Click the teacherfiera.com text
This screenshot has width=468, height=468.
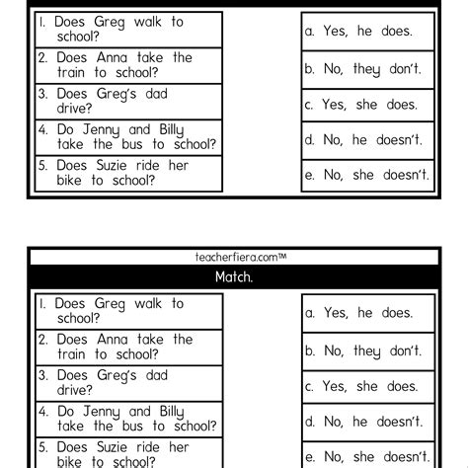pos(235,257)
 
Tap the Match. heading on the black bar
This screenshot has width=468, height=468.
pos(234,277)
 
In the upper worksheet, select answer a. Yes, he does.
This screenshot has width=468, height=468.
pos(368,31)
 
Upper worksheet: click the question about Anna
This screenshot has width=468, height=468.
pos(127,65)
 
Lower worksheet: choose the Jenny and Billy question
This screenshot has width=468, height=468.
pos(127,419)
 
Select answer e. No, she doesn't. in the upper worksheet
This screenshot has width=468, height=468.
pos(368,175)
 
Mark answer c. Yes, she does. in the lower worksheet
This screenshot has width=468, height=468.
pos(368,386)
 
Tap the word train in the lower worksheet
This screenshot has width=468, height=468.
pos(74,354)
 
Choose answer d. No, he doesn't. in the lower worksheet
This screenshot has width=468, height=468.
pos(368,422)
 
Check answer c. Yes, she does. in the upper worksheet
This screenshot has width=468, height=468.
pos(368,104)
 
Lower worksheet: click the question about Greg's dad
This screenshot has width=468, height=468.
pos(127,382)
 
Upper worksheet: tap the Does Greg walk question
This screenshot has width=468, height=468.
pos(127,30)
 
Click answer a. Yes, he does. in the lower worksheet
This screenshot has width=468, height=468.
pos(368,313)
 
